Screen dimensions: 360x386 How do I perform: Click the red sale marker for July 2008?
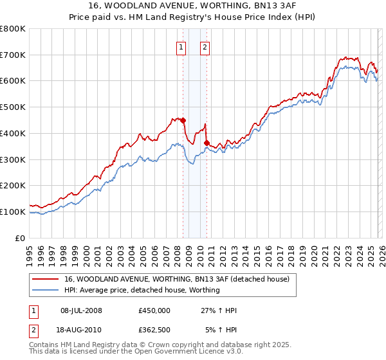click(183, 120)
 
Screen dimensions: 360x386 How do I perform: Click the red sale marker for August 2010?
click(207, 143)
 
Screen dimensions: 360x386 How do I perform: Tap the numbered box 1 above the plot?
click(181, 46)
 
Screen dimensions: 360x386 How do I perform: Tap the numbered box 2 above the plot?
click(205, 46)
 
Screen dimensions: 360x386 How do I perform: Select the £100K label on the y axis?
click(13, 212)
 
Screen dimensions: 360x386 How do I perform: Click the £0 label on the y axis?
click(21, 238)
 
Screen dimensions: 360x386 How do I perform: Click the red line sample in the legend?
click(45, 279)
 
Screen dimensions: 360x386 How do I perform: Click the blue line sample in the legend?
click(45, 290)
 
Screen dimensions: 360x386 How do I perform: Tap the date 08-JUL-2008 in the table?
click(81, 310)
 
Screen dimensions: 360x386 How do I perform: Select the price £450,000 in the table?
click(154, 310)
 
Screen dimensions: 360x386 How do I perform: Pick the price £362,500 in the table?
click(154, 330)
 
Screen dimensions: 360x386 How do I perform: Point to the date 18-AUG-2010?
click(81, 330)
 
